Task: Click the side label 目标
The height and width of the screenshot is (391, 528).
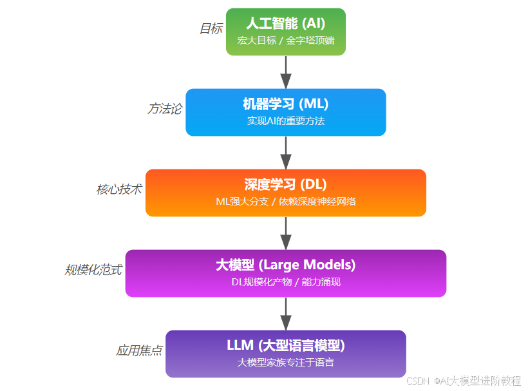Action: pyautogui.click(x=211, y=29)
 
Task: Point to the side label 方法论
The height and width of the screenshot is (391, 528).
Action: pyautogui.click(x=164, y=109)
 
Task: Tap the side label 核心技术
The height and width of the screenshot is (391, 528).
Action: pyautogui.click(x=119, y=189)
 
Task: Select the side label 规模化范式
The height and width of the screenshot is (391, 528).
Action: pyautogui.click(x=93, y=270)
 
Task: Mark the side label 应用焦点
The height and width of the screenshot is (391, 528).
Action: pyautogui.click(x=139, y=350)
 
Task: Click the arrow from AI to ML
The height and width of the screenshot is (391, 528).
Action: pyautogui.click(x=286, y=72)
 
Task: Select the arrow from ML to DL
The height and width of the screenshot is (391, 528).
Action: pyautogui.click(x=286, y=153)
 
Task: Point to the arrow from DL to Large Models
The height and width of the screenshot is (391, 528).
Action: pyautogui.click(x=286, y=233)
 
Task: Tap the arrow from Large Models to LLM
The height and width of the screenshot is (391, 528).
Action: pyautogui.click(x=286, y=314)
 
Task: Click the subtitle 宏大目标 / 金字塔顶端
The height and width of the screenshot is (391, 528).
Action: pyautogui.click(x=285, y=40)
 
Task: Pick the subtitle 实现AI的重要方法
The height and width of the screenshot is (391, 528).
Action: pyautogui.click(x=285, y=120)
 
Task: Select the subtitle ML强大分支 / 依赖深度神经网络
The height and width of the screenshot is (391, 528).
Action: pyautogui.click(x=285, y=201)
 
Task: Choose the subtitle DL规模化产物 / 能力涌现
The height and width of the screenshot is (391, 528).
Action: pyautogui.click(x=285, y=281)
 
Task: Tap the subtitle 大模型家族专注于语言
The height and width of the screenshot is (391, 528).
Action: pyautogui.click(x=285, y=362)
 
